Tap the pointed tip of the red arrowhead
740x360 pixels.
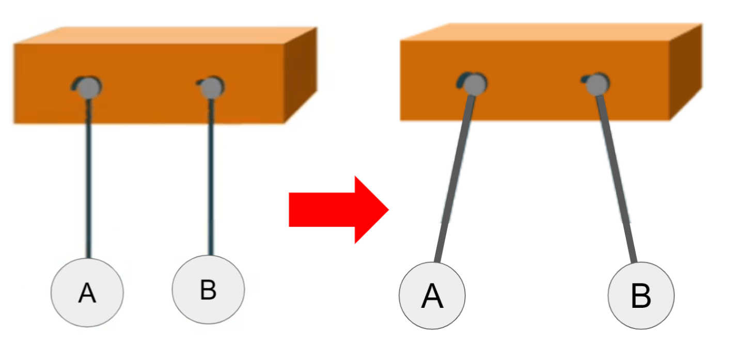(387, 209)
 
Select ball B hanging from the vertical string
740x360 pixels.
(208, 291)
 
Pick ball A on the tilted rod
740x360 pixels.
(432, 295)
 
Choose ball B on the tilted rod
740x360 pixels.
(641, 296)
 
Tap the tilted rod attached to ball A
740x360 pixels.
(454, 176)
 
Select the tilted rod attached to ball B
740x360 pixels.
(617, 176)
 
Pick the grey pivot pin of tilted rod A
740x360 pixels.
(475, 83)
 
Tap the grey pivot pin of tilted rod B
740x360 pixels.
(598, 83)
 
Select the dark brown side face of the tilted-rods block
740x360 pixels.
(686, 72)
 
